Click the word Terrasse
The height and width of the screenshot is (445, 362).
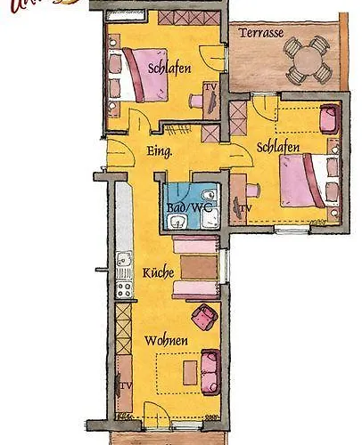261,33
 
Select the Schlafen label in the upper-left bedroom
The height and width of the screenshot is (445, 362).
169,68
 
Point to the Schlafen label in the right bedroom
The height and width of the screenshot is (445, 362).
277,146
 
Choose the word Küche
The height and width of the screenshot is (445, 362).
158,272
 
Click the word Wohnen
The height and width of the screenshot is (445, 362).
166,339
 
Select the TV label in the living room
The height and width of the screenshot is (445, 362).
126,385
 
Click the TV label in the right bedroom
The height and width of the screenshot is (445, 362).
246,208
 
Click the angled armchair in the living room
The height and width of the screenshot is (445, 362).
206,316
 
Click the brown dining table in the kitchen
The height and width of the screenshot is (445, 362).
198,267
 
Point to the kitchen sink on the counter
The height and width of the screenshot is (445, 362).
124,263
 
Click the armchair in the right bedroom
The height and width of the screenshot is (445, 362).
328,116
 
